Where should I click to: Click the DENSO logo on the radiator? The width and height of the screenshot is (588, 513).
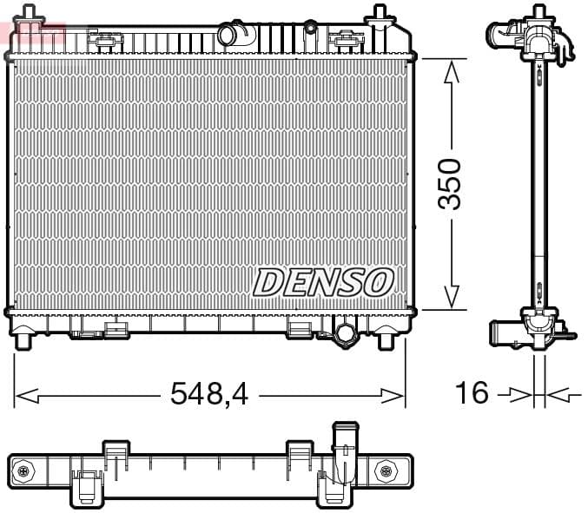[x=323, y=282]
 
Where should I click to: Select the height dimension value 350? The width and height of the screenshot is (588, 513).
[x=450, y=184]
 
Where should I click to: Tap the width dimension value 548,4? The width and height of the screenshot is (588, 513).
[x=209, y=394]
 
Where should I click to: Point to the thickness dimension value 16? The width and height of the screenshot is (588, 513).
[x=472, y=393]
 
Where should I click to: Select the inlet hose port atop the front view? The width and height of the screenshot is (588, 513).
[x=231, y=35]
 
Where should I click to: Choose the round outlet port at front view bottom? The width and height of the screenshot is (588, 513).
[x=345, y=333]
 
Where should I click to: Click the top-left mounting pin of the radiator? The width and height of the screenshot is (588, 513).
[x=30, y=14]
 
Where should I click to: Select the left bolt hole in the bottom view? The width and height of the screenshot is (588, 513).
[x=23, y=471]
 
